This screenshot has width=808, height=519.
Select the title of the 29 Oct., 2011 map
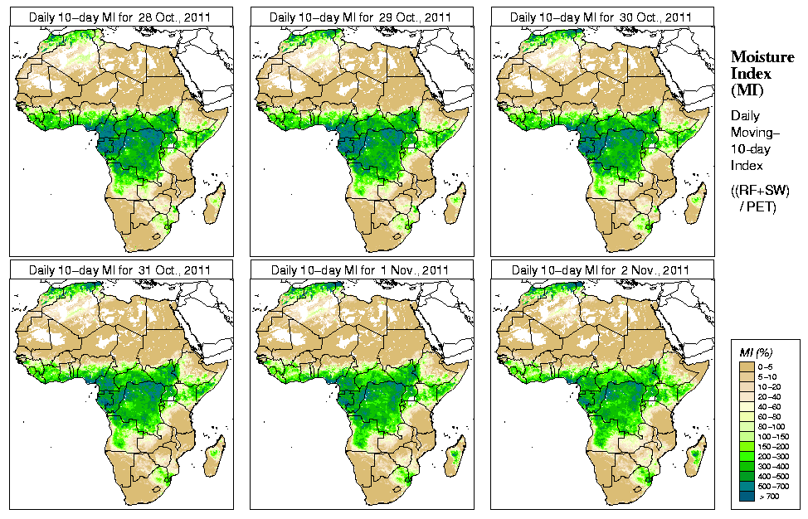(362, 17)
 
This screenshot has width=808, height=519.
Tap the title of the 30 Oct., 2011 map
(602, 17)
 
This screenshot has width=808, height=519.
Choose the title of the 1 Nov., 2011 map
(362, 269)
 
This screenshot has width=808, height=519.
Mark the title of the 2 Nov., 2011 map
(602, 269)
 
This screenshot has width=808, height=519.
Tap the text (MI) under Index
(745, 89)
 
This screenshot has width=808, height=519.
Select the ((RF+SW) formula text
(760, 191)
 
